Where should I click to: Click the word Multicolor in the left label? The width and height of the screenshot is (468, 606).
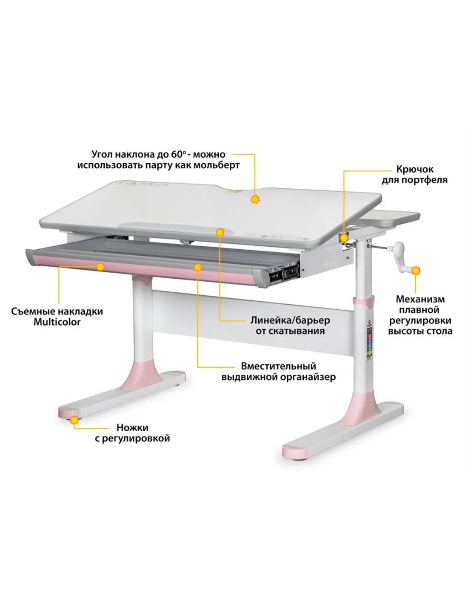pos(57,322)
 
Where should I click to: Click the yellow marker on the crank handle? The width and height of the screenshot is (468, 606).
pos(416,271)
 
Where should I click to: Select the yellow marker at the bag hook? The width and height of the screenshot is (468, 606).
pos(345,238)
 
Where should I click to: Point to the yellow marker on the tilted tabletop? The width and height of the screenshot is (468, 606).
pos(254,200)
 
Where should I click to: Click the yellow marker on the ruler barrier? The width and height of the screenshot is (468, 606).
pos(220,232)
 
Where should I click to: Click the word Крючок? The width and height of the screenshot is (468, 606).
pos(411,169)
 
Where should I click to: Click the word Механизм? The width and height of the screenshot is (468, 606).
pos(420,299)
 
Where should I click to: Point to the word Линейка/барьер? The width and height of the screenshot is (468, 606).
pos(290,320)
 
